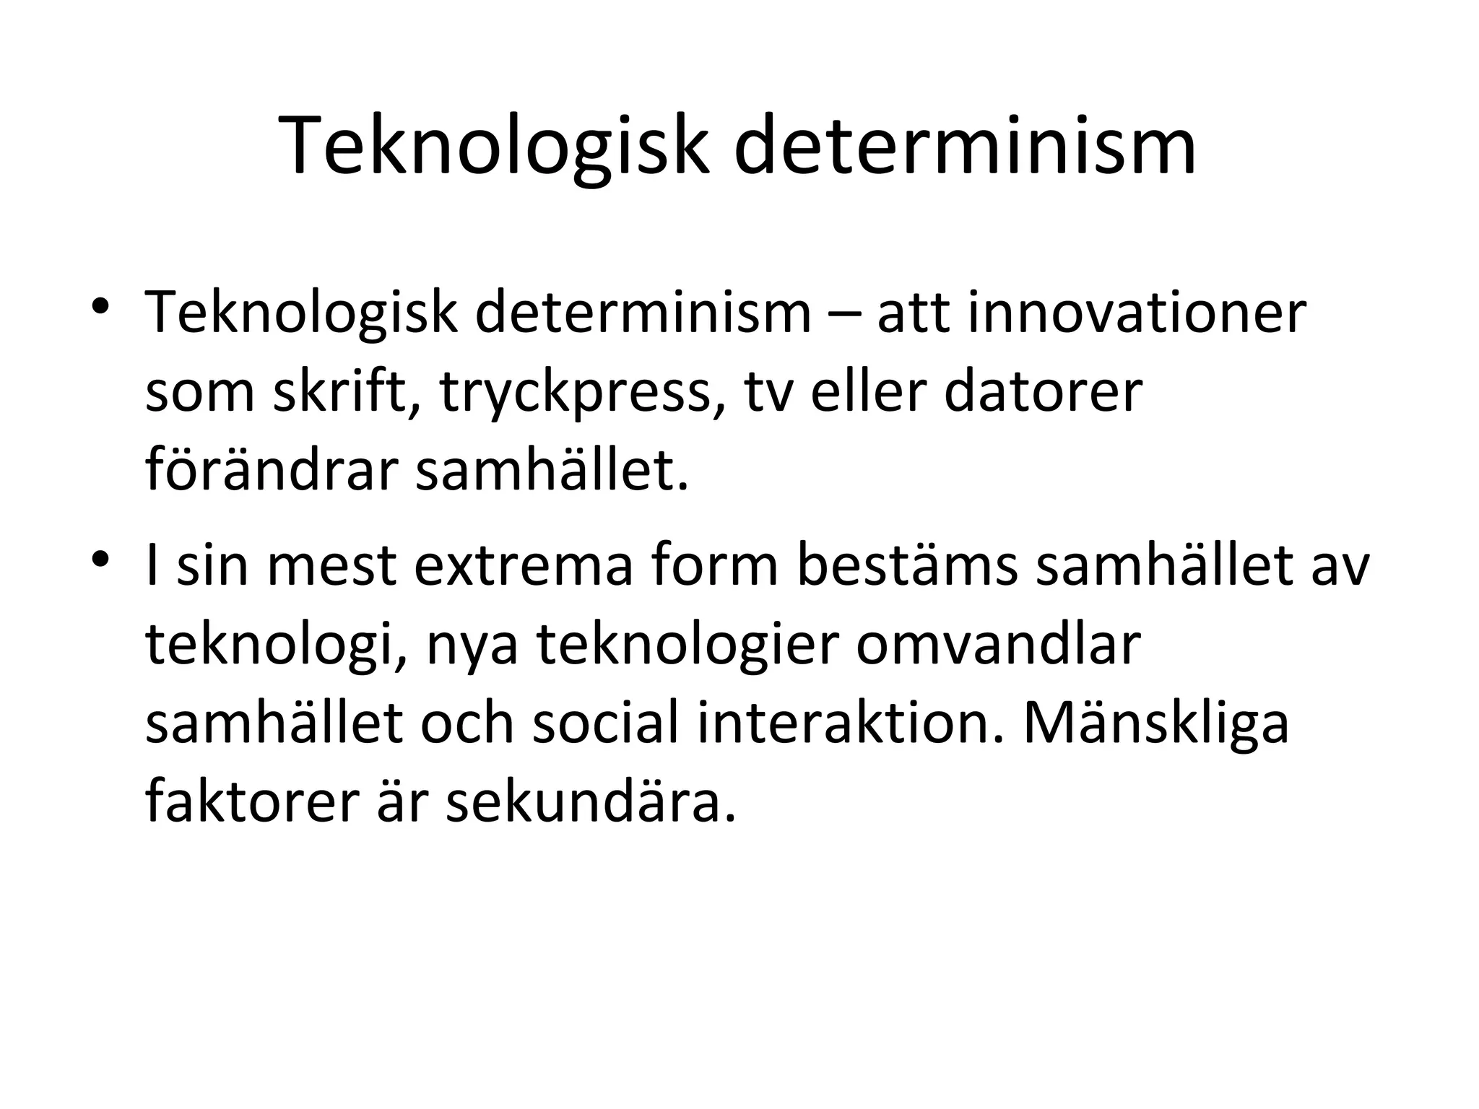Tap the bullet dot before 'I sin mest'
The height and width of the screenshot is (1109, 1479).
pyautogui.click(x=101, y=560)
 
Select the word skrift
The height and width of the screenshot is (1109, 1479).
pyautogui.click(x=347, y=392)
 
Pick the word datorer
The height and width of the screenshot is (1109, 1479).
pyautogui.click(x=1043, y=392)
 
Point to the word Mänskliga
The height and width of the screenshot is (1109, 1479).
pyautogui.click(x=1155, y=724)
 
